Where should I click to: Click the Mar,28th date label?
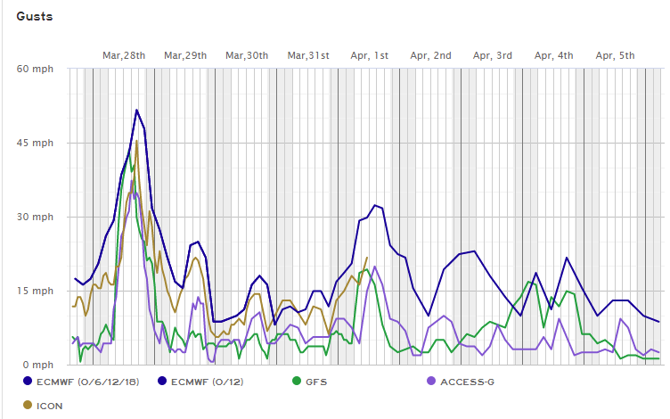tap(124, 55)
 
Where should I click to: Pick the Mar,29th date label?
tap(185, 55)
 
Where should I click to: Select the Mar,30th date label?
tap(247, 55)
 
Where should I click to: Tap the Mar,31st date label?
tap(308, 55)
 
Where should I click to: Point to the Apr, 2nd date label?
tap(431, 55)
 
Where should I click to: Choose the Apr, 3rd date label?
tap(493, 55)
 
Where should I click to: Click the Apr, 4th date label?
tap(554, 55)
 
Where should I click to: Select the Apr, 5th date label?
tap(616, 55)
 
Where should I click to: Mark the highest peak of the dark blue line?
tap(136, 110)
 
